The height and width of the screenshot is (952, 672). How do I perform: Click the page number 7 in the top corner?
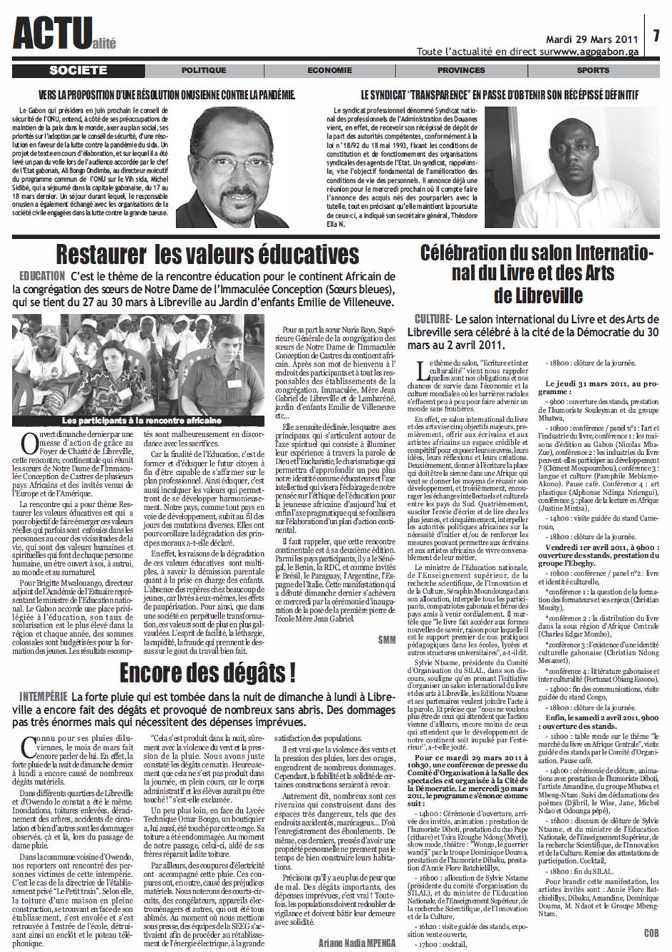pos(658,35)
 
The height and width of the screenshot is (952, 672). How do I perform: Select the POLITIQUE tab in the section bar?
pos(204,71)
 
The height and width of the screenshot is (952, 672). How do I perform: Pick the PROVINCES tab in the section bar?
pos(460,71)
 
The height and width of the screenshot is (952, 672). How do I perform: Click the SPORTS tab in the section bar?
pos(593,71)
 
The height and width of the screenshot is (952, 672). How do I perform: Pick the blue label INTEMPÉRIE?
pos(40,695)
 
